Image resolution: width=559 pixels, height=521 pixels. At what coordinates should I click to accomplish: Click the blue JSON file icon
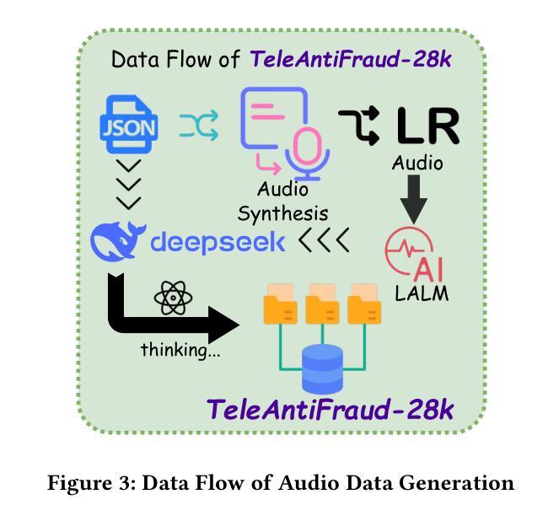point(129,124)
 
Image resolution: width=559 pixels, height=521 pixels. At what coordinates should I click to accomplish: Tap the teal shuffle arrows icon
point(199,125)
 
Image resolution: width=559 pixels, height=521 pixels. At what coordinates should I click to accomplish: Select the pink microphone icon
point(307,153)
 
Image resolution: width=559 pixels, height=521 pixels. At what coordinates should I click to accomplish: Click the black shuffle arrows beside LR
point(359,126)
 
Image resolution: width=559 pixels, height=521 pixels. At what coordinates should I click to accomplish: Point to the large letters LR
point(427,126)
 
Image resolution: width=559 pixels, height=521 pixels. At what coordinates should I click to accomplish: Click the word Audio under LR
point(417,164)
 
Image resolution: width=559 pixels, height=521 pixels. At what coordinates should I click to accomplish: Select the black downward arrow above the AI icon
point(413,199)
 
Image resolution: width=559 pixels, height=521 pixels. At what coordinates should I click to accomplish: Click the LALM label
point(422,294)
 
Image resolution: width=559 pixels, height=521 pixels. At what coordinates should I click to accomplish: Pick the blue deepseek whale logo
point(118,240)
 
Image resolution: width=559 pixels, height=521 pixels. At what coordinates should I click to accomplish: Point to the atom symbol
point(173,298)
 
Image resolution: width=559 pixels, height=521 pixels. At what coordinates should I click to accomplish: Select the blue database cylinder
point(322,369)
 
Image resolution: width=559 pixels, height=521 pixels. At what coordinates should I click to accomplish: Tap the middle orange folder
point(322,304)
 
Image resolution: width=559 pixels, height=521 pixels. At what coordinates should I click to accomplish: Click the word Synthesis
point(282,214)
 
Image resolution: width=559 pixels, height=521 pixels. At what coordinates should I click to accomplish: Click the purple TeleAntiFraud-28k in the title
point(351,59)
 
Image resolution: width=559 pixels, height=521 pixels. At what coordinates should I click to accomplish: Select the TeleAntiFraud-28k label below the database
point(331,410)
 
